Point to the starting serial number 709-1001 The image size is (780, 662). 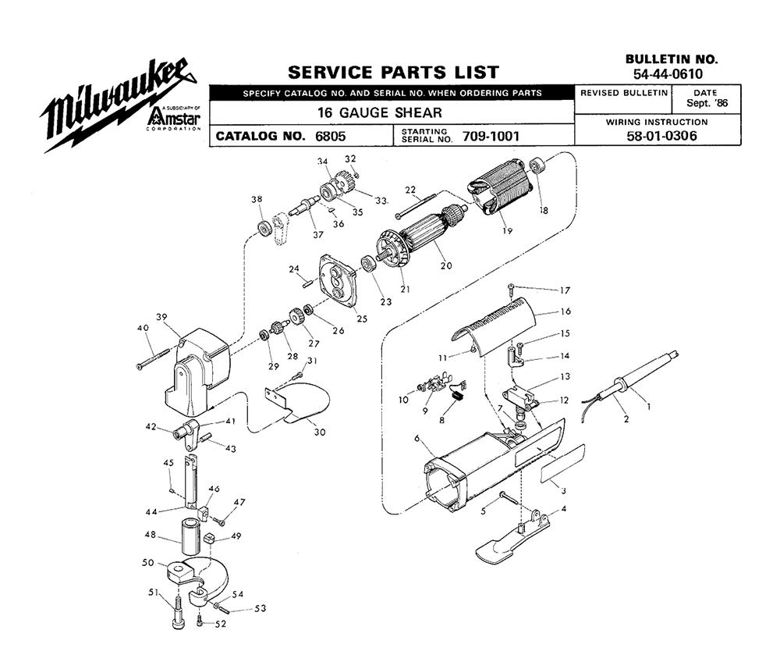(491, 136)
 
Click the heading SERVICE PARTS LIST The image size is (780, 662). (393, 73)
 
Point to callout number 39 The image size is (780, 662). (161, 317)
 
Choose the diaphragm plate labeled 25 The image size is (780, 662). (336, 280)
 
